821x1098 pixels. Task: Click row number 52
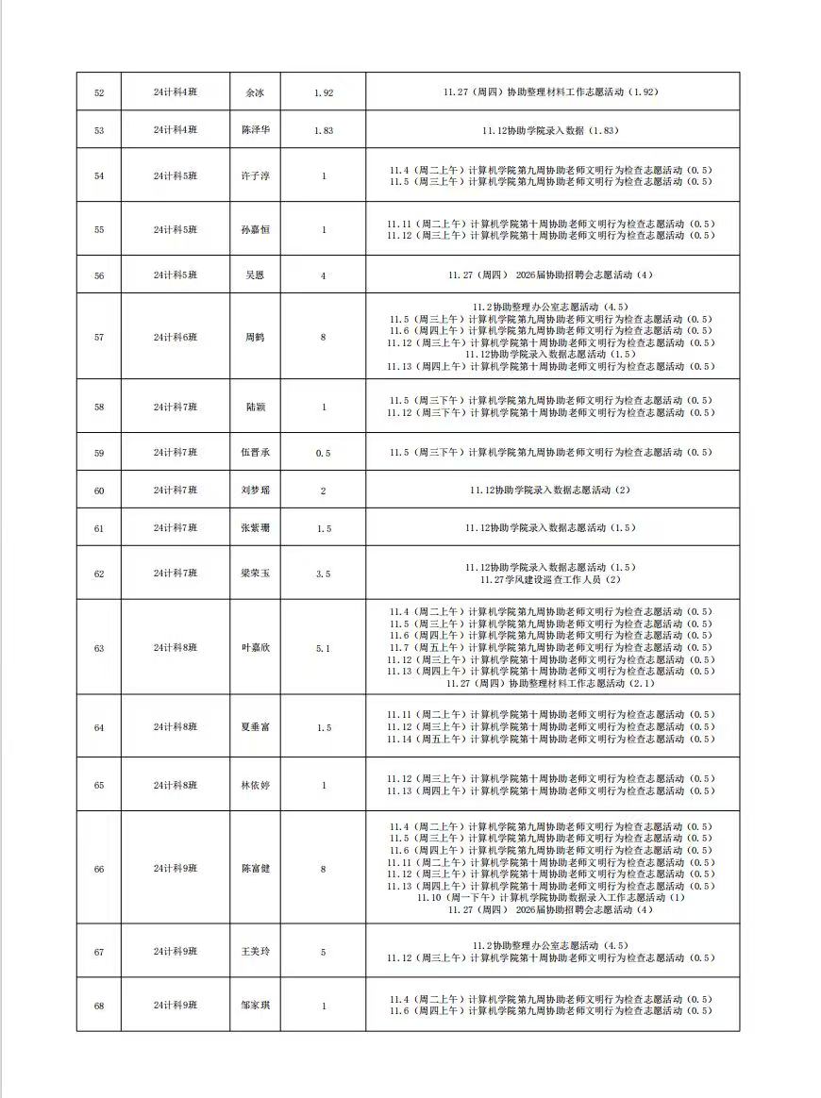coord(99,93)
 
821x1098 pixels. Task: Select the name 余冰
coord(255,93)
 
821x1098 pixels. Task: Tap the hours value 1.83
coord(323,130)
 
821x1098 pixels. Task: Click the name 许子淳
coord(255,175)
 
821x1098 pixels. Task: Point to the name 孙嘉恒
coord(255,230)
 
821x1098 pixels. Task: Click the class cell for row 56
coord(176,275)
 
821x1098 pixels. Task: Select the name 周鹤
coord(255,337)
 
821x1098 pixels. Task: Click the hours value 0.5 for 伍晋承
coord(323,453)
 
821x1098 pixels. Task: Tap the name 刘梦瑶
coord(255,491)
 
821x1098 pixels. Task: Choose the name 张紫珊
coord(255,528)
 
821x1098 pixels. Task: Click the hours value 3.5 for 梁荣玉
coord(323,574)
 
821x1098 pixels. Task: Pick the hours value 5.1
coord(323,648)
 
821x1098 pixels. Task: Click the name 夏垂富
coord(255,727)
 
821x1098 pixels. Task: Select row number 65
coord(99,786)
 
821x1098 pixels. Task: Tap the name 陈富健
coord(255,869)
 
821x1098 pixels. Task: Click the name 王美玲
coord(255,952)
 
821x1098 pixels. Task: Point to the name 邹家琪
coord(255,1006)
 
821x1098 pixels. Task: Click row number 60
coord(99,491)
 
